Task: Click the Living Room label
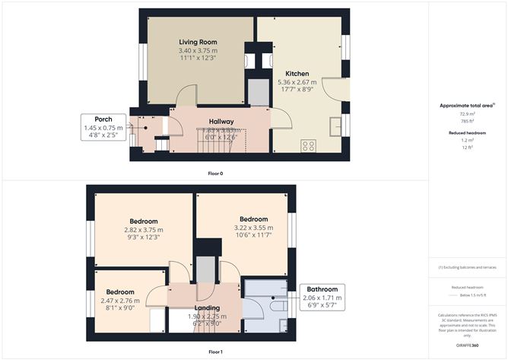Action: click(198, 42)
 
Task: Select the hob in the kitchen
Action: click(310, 145)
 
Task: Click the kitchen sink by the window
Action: click(335, 124)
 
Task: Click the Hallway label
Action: click(221, 122)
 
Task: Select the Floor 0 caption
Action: click(215, 174)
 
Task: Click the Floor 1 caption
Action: click(215, 352)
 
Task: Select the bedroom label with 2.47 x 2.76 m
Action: click(120, 292)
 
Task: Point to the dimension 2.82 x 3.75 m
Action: click(143, 230)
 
